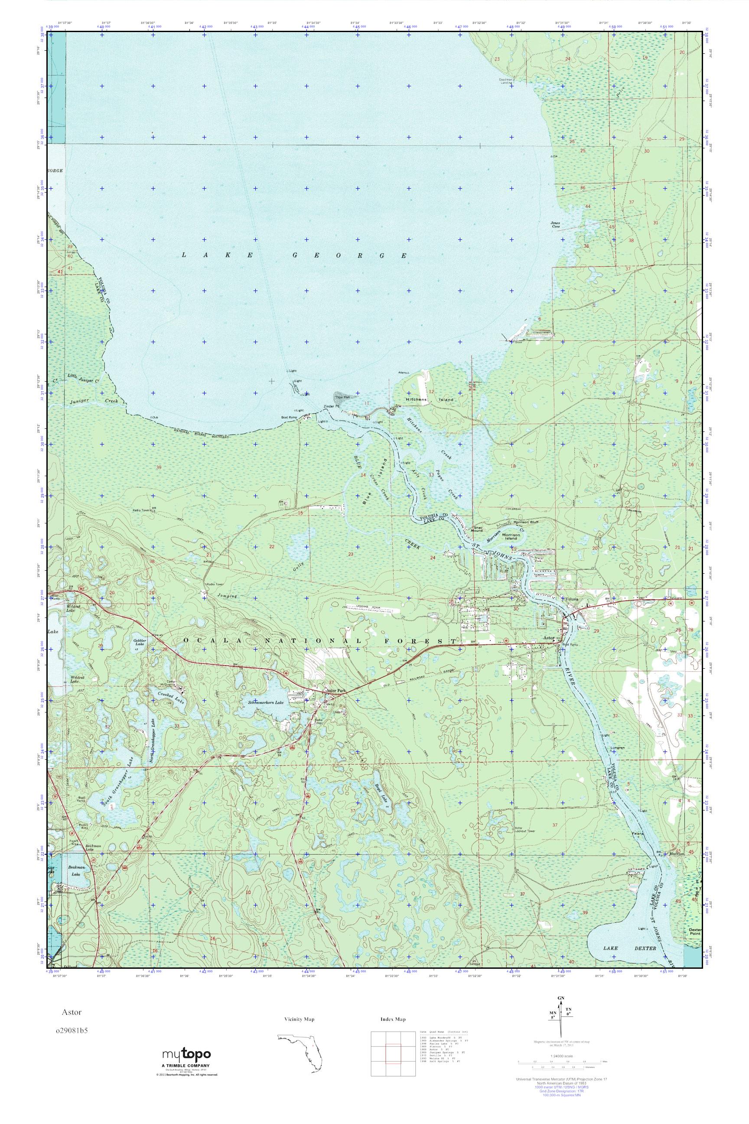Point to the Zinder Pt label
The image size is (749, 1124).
(331, 406)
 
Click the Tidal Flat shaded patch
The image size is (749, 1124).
(343, 397)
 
